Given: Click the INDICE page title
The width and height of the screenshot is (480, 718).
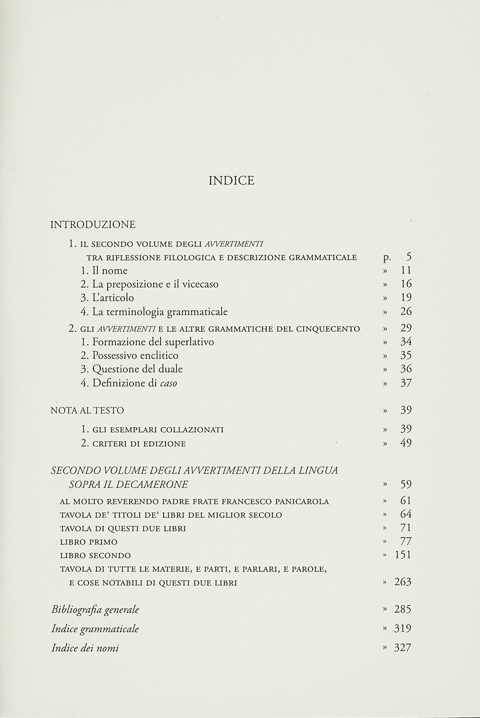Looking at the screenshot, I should (x=231, y=181).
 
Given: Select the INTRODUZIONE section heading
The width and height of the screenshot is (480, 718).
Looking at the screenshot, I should (x=93, y=225).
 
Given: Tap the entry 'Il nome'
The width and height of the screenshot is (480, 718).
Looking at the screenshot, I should (x=104, y=271).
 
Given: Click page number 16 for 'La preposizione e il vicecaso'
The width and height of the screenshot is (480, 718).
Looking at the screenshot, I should (x=406, y=284).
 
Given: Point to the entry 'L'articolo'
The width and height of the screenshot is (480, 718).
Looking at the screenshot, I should (x=107, y=298).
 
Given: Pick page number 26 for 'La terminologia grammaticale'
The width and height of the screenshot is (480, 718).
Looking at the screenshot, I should (x=406, y=311).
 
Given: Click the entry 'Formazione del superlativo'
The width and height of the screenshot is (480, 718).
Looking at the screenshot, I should (x=147, y=342).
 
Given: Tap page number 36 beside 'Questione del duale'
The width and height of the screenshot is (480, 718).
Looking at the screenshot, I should (x=406, y=369).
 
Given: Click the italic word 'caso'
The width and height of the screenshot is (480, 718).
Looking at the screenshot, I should (x=169, y=384).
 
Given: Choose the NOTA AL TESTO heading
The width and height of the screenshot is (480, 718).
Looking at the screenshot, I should (x=87, y=411).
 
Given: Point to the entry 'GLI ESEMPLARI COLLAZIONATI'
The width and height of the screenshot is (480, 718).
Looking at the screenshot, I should (x=152, y=430).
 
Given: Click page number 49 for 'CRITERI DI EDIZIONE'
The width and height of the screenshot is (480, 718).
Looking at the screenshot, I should (x=406, y=443).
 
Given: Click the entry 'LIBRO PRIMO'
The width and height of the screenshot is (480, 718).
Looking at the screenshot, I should (x=89, y=542).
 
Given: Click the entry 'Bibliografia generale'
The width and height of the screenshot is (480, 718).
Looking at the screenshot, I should (x=95, y=610).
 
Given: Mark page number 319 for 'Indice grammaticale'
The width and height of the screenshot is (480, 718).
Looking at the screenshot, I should (x=403, y=629).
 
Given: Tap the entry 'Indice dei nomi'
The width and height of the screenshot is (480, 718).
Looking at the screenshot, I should (x=85, y=648).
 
